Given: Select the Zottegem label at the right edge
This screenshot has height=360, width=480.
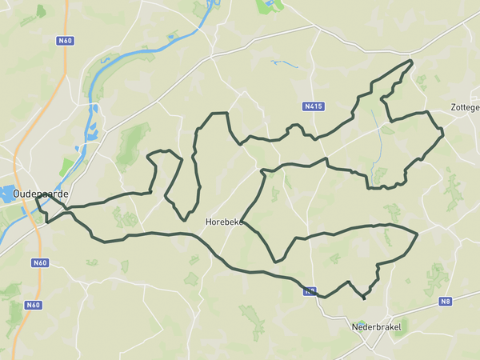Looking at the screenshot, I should click(x=465, y=106).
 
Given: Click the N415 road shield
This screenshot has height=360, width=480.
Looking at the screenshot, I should click(x=314, y=106).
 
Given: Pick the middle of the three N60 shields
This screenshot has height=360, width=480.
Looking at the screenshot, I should click(x=40, y=262).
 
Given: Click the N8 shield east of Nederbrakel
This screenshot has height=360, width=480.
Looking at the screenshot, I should click(x=446, y=302).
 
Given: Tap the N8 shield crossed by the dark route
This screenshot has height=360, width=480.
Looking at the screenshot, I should click(x=308, y=292).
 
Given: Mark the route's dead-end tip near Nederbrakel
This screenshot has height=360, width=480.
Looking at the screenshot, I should click(x=365, y=299).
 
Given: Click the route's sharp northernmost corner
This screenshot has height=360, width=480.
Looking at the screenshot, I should click(x=412, y=61).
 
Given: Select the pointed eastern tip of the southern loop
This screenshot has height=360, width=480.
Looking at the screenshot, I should click(x=418, y=234).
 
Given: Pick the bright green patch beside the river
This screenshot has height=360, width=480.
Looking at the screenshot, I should click(x=66, y=166).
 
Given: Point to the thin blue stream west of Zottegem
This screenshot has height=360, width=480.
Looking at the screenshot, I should click(x=375, y=144).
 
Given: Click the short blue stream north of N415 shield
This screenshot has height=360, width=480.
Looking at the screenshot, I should click(x=284, y=62).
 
